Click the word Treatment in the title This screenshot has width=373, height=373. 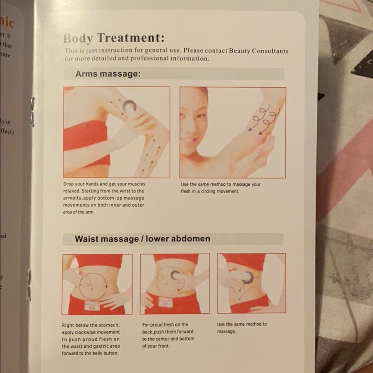(x=130, y=38)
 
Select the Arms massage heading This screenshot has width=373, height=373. (x=108, y=74)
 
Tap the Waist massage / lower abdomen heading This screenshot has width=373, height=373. (x=142, y=239)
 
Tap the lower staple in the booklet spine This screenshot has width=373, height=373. (x=29, y=285)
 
